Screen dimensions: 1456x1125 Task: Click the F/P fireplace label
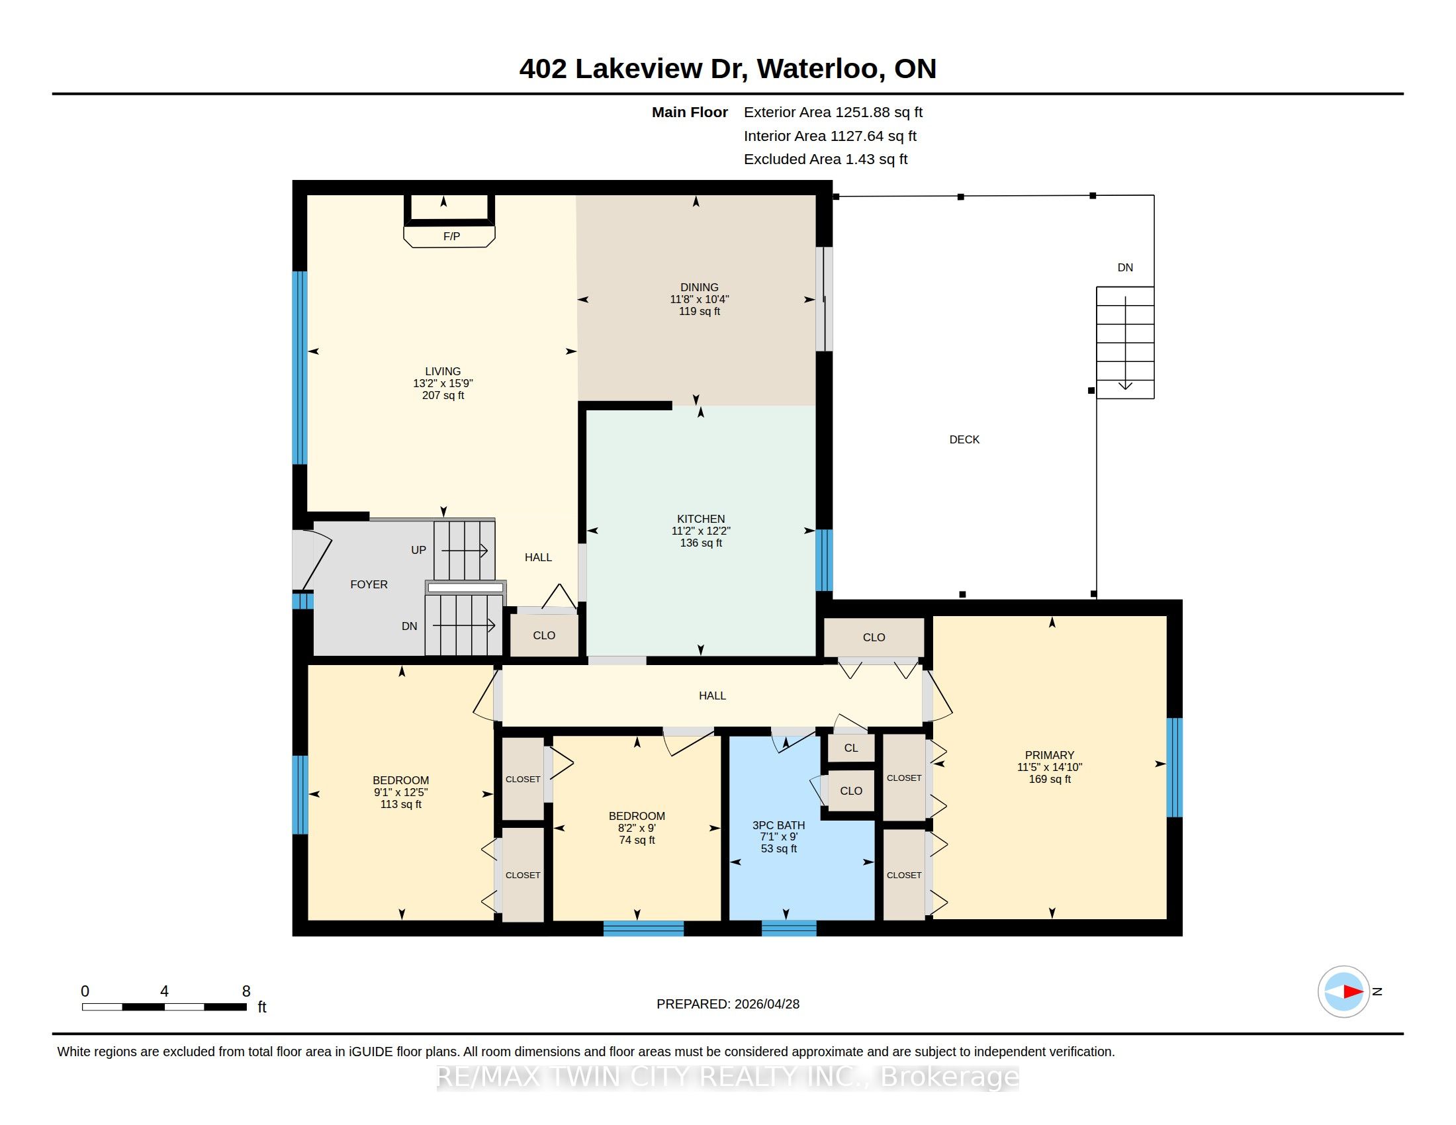click(451, 237)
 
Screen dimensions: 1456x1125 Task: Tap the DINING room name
click(700, 287)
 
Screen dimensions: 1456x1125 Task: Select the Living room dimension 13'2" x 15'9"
click(443, 383)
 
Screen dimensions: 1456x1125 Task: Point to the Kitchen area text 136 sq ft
click(701, 543)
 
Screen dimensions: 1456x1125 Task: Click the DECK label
click(964, 439)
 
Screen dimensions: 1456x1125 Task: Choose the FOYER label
click(369, 584)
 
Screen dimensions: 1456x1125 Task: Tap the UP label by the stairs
click(418, 550)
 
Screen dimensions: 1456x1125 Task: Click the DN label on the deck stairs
click(1125, 267)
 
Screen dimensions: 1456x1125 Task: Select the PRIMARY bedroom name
click(1050, 755)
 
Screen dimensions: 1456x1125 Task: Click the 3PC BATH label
click(779, 825)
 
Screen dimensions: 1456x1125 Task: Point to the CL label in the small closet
click(850, 748)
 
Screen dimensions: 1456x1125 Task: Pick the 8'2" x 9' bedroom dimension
click(637, 828)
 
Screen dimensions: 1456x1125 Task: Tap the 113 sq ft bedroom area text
click(400, 805)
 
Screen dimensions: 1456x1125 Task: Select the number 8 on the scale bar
click(246, 991)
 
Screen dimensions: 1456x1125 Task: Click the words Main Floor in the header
click(690, 112)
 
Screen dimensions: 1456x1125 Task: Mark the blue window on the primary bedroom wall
click(1174, 767)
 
